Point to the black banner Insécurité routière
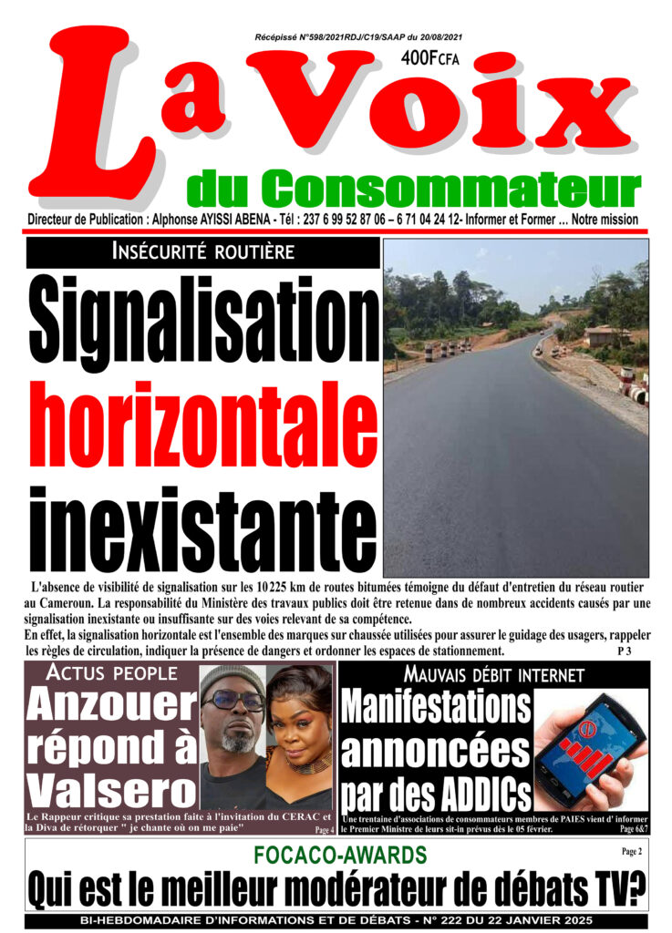(202, 252)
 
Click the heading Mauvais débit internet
(492, 675)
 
